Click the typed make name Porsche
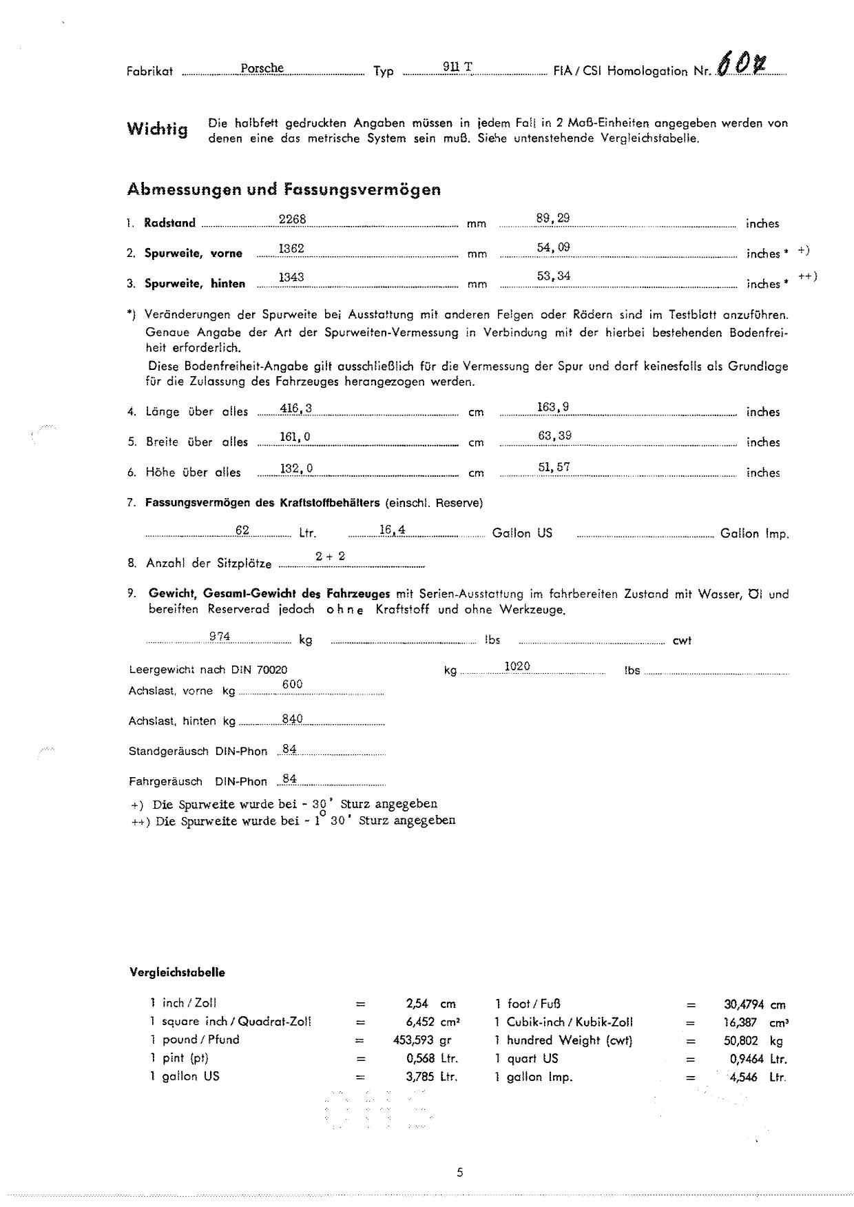point(262,68)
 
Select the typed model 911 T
point(457,67)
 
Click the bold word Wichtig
point(157,129)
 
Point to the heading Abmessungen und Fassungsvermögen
point(284,189)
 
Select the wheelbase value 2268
point(292,219)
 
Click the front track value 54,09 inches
point(553,247)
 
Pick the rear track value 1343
point(291,277)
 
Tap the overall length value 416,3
point(296,409)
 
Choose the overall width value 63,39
point(554,435)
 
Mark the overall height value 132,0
point(296,468)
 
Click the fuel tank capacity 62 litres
point(242,530)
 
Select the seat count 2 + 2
point(331,556)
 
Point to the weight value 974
point(220,637)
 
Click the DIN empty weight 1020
point(517,666)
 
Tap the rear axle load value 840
point(293,719)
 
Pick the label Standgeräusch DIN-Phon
point(198,752)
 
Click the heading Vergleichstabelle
point(177,973)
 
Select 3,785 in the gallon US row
point(420,1076)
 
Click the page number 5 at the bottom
point(459,1173)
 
